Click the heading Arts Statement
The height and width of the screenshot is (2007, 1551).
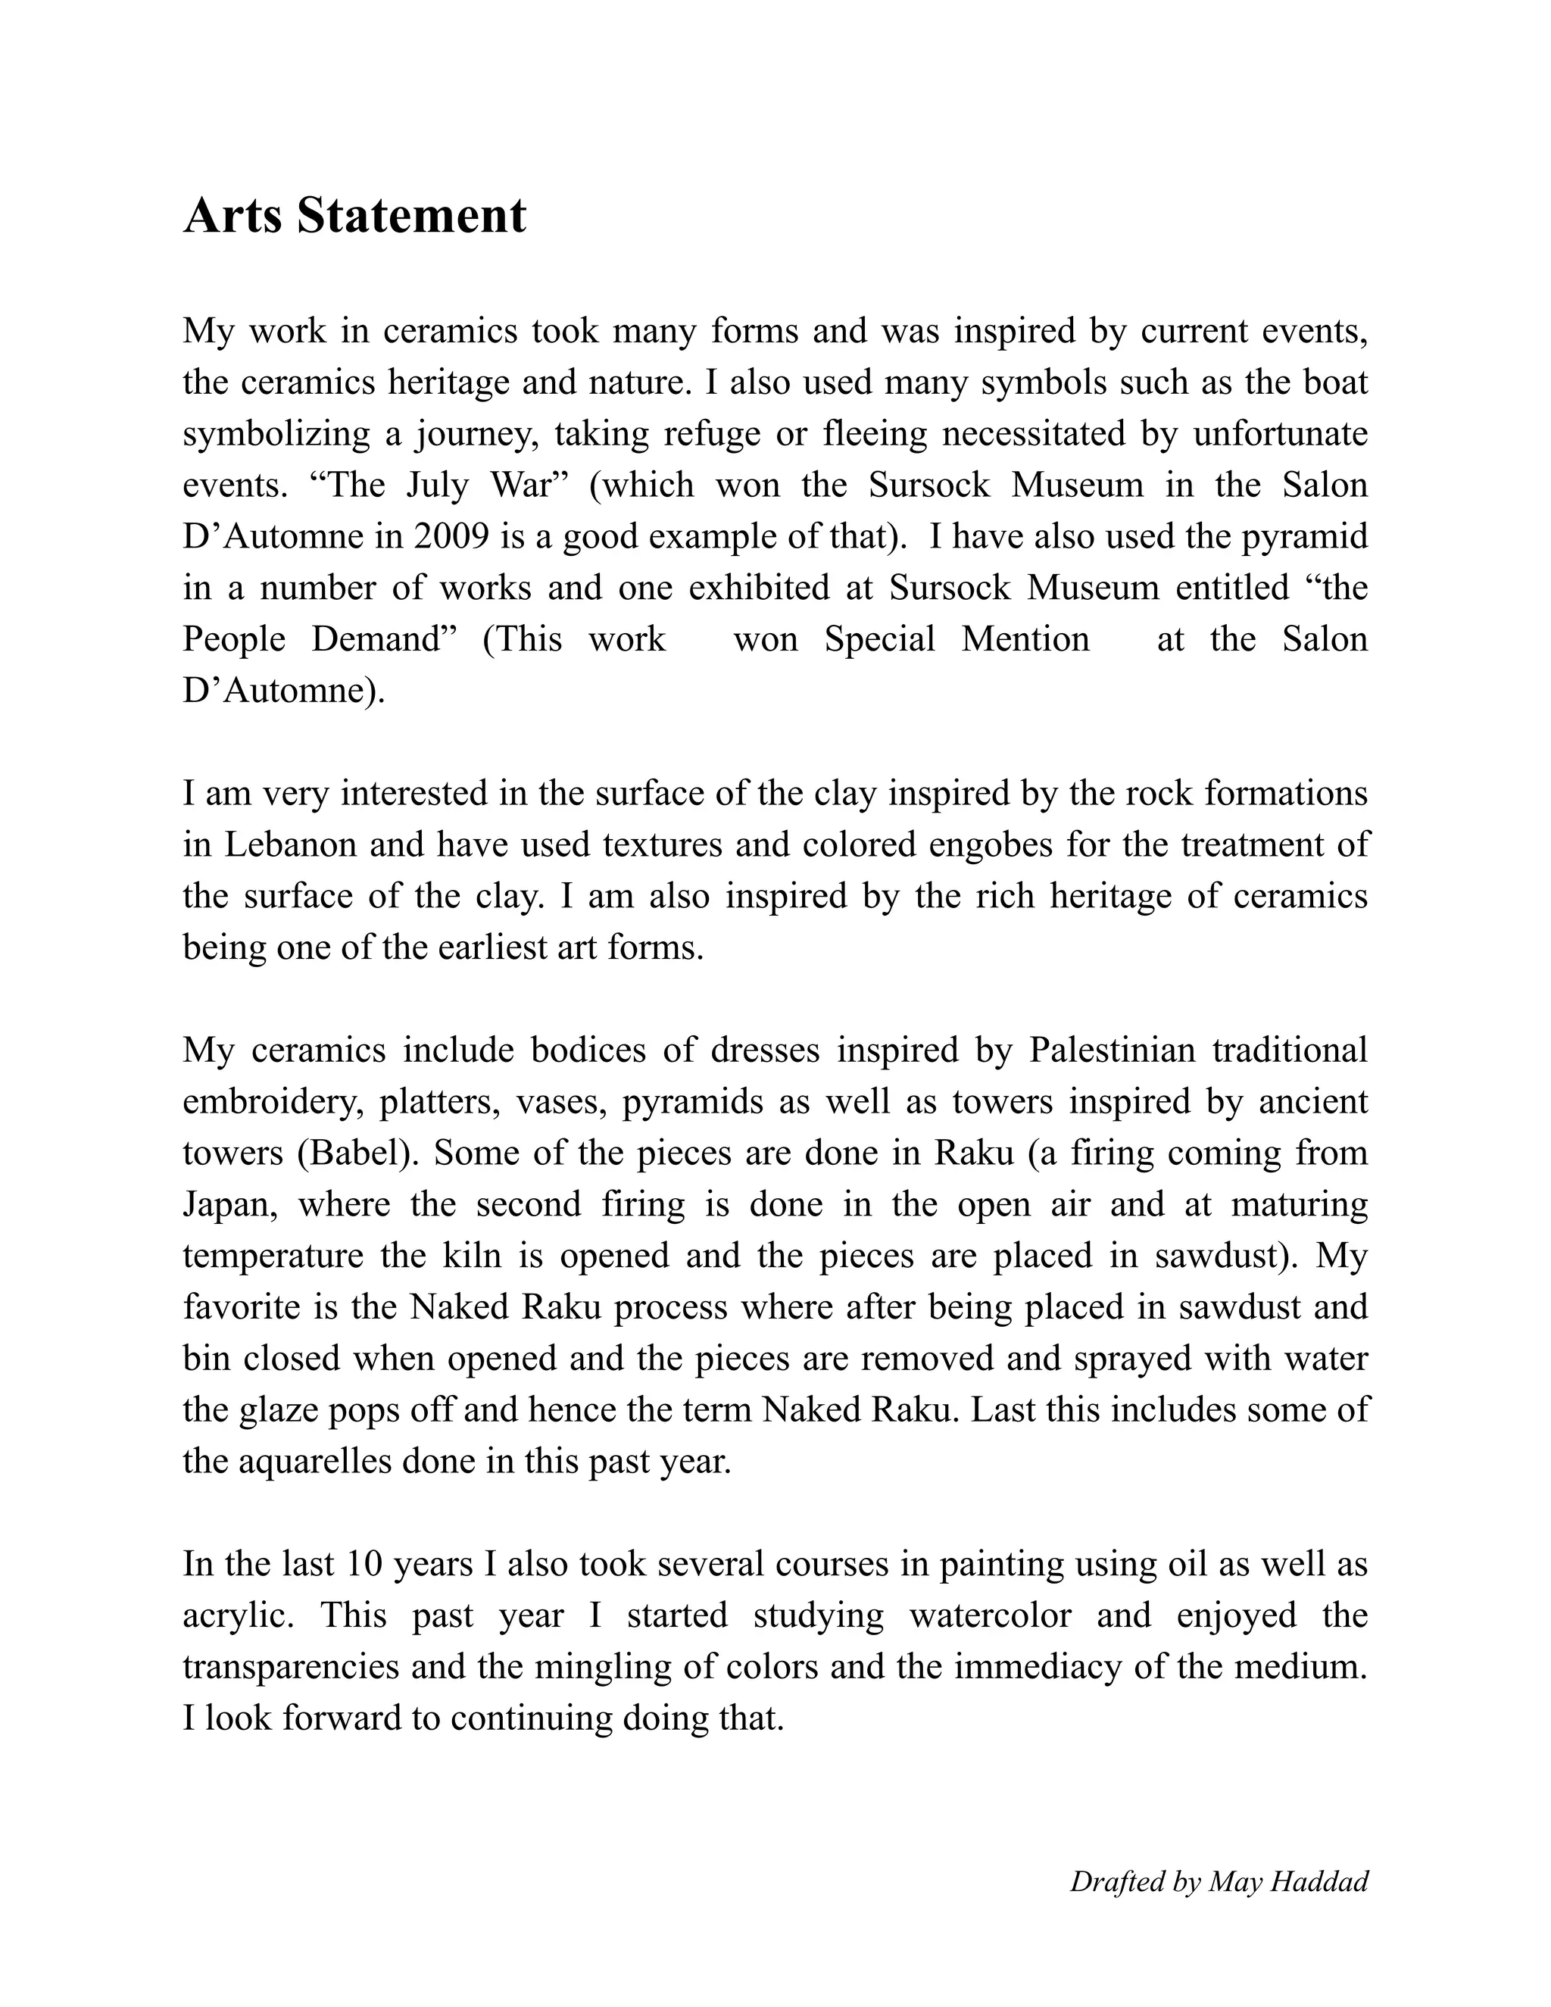click(x=354, y=216)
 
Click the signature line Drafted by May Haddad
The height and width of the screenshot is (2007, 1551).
click(x=1219, y=1882)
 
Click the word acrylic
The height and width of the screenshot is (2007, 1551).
click(x=237, y=1615)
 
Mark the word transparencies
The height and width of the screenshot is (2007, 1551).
click(x=290, y=1666)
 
